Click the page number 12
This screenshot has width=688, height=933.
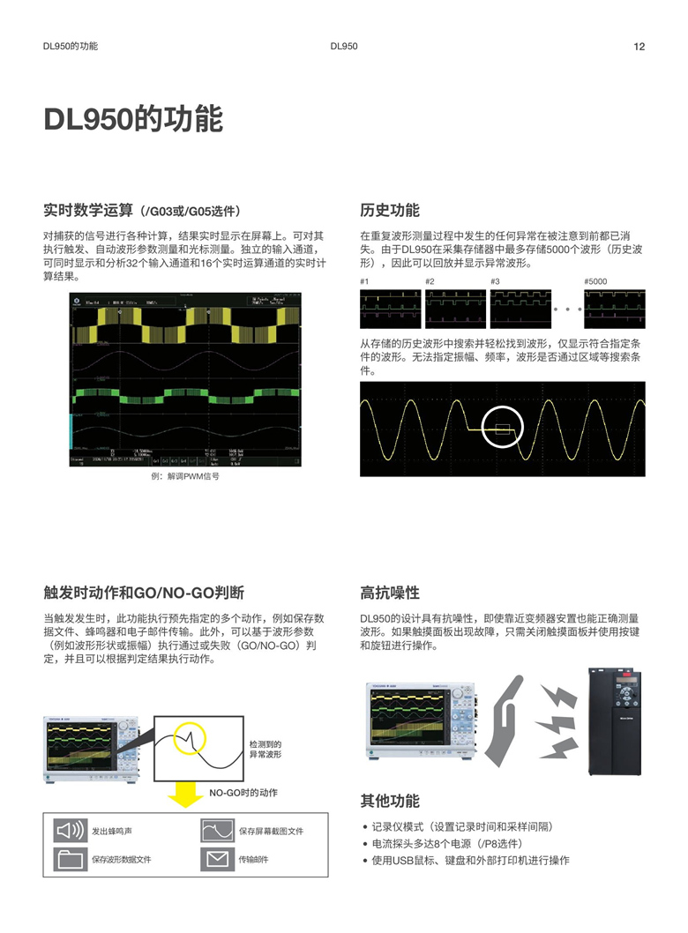click(x=639, y=47)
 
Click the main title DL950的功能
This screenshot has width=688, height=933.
click(x=133, y=120)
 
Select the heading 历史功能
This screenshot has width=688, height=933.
click(x=390, y=211)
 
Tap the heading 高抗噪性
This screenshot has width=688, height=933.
click(x=390, y=593)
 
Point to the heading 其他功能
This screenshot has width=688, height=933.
click(x=390, y=801)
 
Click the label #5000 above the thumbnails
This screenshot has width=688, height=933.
click(x=595, y=281)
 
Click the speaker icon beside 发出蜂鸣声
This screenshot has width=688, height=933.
click(x=71, y=831)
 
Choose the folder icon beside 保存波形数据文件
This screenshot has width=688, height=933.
click(x=71, y=858)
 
